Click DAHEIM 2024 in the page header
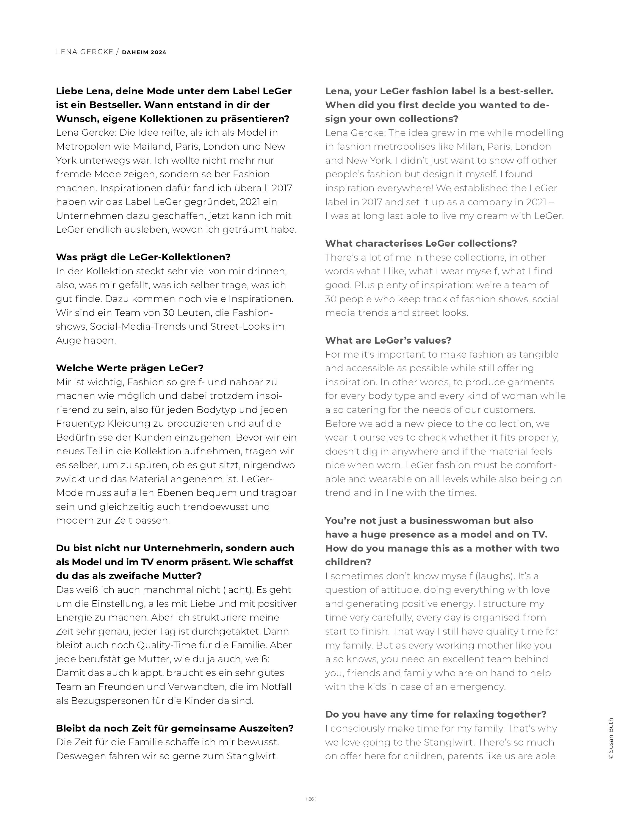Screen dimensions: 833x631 (144, 52)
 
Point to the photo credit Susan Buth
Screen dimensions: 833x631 (611, 741)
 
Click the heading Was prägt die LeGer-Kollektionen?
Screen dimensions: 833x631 (143, 257)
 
